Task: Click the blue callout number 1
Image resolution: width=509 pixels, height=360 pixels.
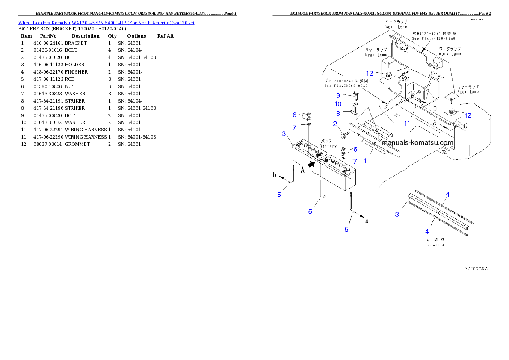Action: coord(365,161)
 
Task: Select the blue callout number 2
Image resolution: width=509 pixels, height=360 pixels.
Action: coord(335,124)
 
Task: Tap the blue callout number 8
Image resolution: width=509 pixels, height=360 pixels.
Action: coord(338,114)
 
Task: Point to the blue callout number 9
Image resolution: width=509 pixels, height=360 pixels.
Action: coord(338,95)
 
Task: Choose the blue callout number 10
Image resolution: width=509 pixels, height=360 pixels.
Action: coord(338,104)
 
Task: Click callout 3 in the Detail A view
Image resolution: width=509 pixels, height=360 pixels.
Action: coord(397,214)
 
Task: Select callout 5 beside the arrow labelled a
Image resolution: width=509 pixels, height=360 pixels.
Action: coord(346,230)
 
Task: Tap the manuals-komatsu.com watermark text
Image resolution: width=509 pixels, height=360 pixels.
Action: coord(417,143)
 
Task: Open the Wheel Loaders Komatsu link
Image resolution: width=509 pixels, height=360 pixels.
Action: coord(106,22)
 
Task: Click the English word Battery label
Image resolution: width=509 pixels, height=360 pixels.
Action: coord(328,146)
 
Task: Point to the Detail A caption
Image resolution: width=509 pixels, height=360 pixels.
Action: coord(435,245)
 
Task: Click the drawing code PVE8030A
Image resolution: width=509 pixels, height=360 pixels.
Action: coord(476,269)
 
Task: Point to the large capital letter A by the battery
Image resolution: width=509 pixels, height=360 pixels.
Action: coord(302,170)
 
